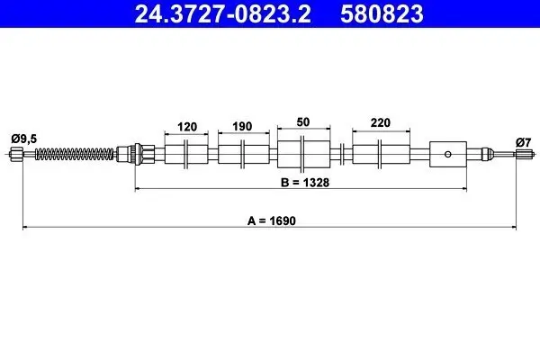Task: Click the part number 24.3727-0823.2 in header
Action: (x=223, y=14)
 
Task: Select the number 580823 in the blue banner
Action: (x=382, y=14)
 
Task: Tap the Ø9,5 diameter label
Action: (x=23, y=139)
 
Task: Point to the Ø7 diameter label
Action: (x=523, y=142)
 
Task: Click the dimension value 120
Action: (x=187, y=127)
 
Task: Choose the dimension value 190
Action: (x=242, y=126)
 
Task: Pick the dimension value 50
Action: (x=303, y=122)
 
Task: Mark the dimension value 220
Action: (x=381, y=122)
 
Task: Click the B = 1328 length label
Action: (x=305, y=182)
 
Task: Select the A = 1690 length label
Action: (x=272, y=220)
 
